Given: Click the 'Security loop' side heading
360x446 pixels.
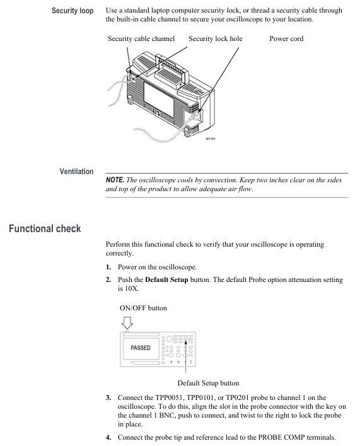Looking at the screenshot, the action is (73, 11).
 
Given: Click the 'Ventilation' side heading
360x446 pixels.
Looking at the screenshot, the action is (76, 172).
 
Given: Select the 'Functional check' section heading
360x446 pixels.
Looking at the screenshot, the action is (45, 229).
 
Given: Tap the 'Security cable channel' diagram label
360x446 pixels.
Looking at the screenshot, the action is (141, 38).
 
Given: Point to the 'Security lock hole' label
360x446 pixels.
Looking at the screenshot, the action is (216, 38).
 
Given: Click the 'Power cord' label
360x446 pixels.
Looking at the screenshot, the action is (286, 38).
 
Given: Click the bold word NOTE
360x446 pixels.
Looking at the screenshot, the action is (115, 180).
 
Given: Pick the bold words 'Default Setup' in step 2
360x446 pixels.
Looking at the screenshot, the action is (166, 280).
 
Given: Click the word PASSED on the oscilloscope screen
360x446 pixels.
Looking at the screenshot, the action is (141, 348).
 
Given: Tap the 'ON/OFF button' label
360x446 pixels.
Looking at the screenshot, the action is (143, 308).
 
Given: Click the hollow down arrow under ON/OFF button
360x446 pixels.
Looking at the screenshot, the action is (127, 323).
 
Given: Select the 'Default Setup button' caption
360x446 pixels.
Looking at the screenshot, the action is (208, 383).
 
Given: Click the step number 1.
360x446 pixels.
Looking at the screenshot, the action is (108, 267).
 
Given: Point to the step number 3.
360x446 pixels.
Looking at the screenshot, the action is (108, 397).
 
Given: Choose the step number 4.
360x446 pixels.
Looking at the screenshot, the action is (108, 437).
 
